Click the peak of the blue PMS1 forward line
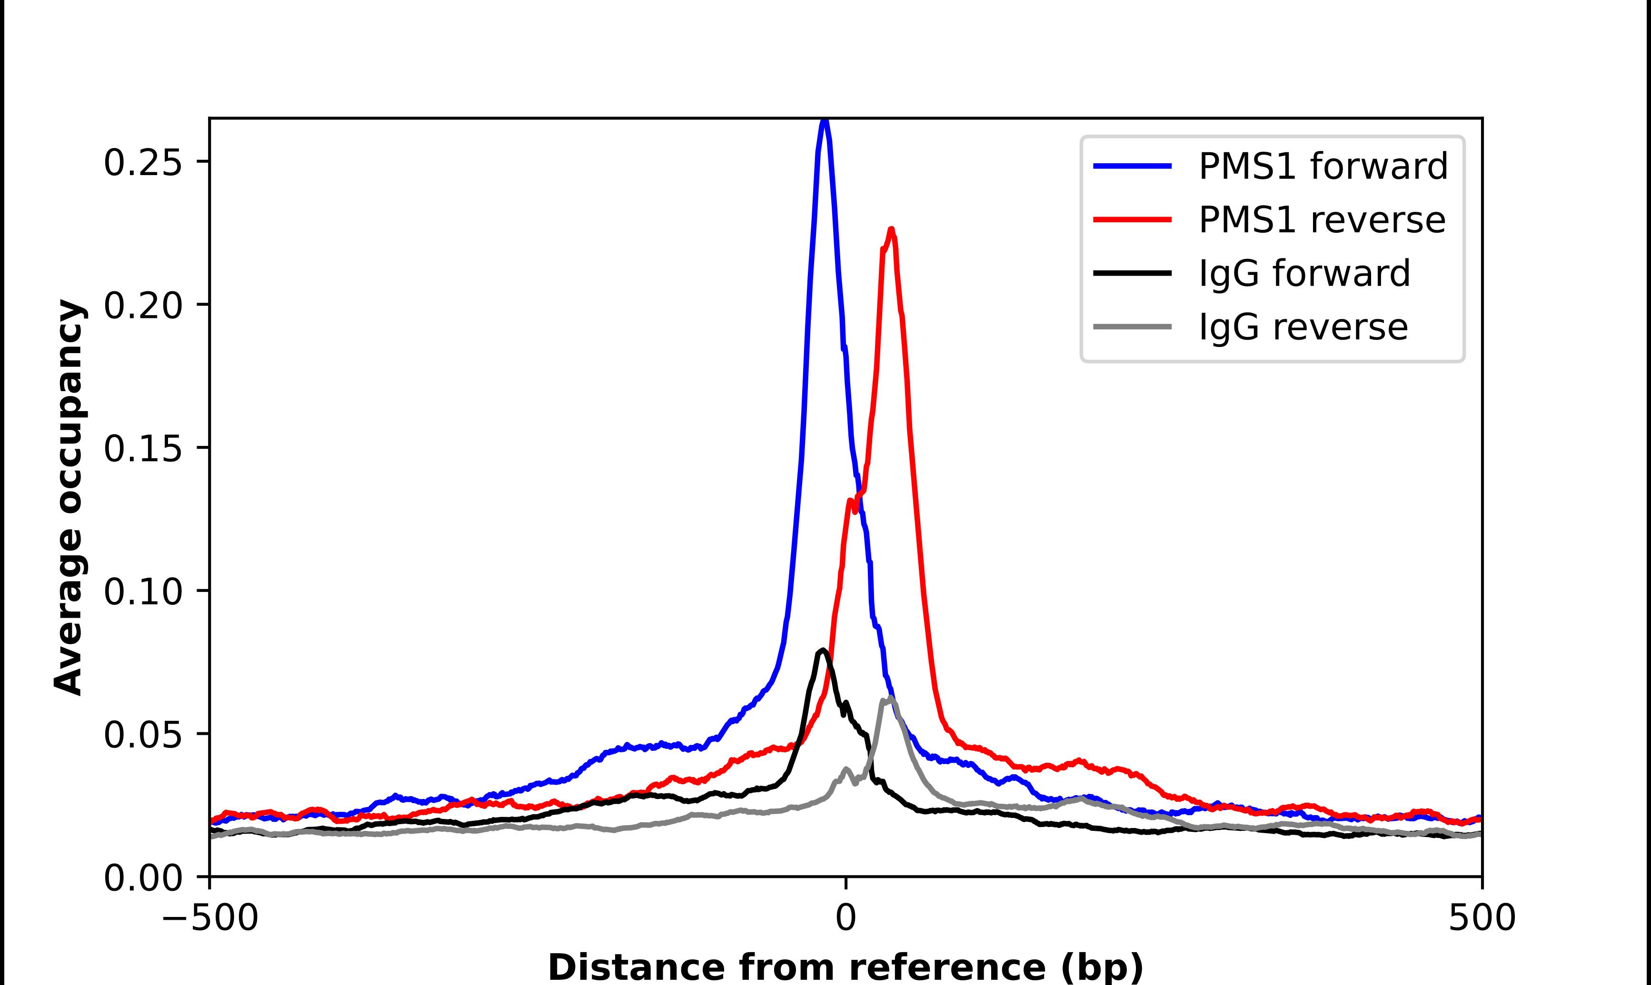(x=824, y=121)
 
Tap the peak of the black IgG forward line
(x=823, y=650)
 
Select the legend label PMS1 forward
(x=1323, y=166)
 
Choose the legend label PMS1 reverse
(x=1321, y=220)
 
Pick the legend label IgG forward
(x=1304, y=274)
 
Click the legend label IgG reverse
(x=1303, y=327)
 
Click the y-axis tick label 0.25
(x=143, y=163)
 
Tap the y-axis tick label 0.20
(x=143, y=306)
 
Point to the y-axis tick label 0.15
(x=143, y=449)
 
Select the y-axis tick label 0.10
(x=143, y=591)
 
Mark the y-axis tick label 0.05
(x=143, y=735)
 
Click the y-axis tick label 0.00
(x=143, y=878)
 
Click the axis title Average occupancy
(x=69, y=497)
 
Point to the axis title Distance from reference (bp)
(x=845, y=966)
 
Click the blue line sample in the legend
(x=1133, y=166)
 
